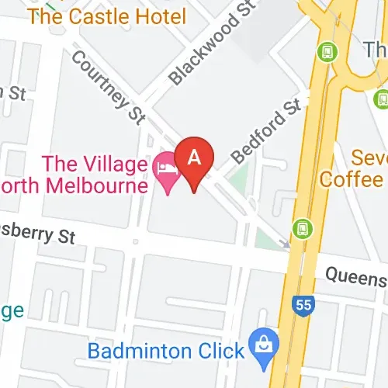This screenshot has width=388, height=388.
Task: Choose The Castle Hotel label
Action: pyautogui.click(x=106, y=16)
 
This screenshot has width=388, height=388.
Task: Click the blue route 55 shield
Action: pyautogui.click(x=303, y=303)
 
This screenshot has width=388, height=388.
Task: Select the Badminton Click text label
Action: pyautogui.click(x=165, y=351)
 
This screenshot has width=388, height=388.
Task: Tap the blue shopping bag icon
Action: pyautogui.click(x=263, y=342)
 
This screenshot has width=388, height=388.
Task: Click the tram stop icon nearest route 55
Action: pyautogui.click(x=301, y=229)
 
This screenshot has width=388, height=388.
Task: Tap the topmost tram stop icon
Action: pyautogui.click(x=328, y=52)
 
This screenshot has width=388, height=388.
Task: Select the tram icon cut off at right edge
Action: pyautogui.click(x=381, y=99)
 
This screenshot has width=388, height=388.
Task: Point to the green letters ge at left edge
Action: pyautogui.click(x=11, y=310)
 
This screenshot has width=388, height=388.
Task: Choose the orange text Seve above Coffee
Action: pyautogui.click(x=368, y=157)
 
